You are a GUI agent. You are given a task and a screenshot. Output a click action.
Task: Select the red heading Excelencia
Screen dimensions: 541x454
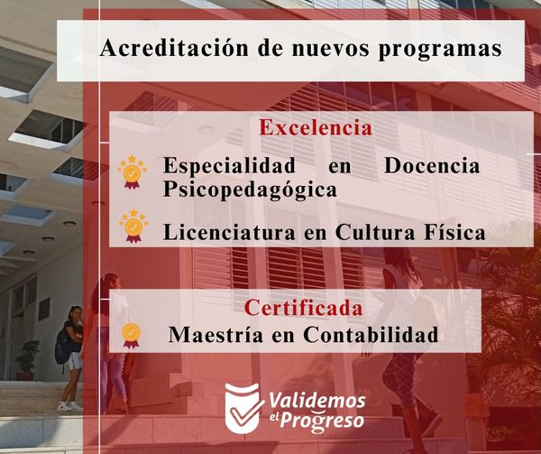coord(316,127)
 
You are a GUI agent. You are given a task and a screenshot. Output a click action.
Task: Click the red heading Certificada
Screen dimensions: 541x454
coord(304,308)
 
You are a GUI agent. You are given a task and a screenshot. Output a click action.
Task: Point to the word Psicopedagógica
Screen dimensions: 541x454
coord(250,190)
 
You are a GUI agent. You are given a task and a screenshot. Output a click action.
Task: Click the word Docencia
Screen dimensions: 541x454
coord(432,165)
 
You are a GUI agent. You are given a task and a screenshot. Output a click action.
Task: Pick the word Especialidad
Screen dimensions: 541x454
coord(229,166)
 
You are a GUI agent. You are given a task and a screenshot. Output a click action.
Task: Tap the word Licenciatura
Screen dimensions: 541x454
coord(229,232)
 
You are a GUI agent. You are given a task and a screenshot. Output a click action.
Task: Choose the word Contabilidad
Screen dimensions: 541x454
coord(371,334)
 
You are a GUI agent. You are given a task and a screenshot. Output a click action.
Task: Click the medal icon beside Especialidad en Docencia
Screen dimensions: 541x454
coord(132,171)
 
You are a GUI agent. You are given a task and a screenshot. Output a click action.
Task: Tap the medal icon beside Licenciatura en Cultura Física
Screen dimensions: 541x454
coord(133,226)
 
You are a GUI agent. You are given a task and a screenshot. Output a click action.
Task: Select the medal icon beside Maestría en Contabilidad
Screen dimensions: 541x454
coord(131,335)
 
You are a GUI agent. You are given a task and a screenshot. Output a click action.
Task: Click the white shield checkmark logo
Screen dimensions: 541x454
coord(243,408)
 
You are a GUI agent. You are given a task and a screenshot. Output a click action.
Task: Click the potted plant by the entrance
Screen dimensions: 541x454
coord(27,360)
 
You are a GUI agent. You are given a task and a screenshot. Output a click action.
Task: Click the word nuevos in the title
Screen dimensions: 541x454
coord(330,49)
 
